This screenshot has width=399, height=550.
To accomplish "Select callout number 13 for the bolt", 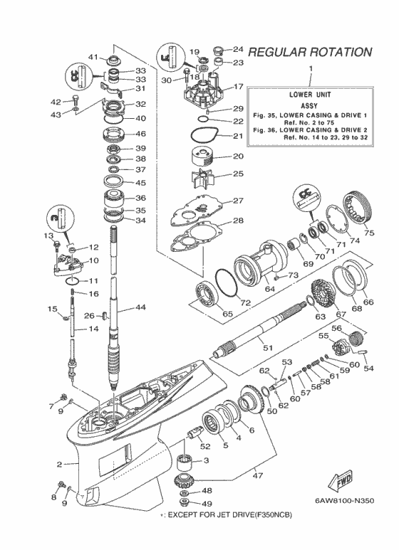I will [x=49, y=236].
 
